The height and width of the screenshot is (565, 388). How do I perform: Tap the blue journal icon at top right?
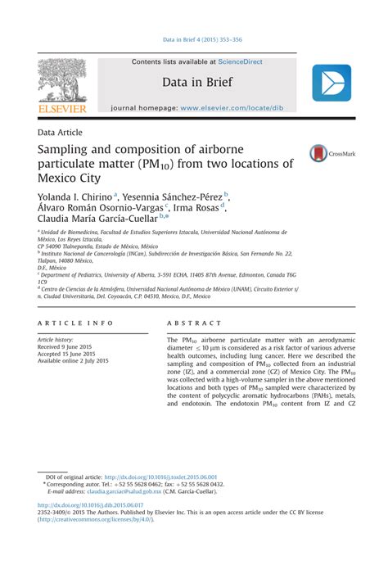pyautogui.click(x=331, y=84)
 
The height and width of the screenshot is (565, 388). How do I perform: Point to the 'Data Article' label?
pyautogui.click(x=60, y=132)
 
